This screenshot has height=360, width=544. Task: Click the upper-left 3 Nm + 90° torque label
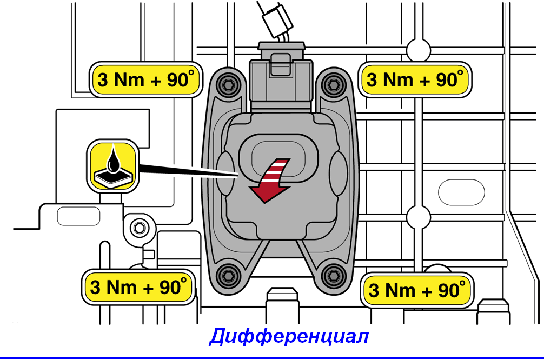coord(146,79)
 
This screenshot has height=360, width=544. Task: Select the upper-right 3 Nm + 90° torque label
coord(415,79)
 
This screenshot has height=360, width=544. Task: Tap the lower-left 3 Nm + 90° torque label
coord(138,287)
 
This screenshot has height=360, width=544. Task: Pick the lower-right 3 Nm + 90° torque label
coord(417,290)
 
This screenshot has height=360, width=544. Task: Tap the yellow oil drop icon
coord(112,166)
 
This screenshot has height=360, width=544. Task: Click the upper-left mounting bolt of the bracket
coord(228,84)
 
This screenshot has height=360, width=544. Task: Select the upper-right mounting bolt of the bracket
coord(333,84)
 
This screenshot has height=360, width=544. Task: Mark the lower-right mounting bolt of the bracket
coord(334,276)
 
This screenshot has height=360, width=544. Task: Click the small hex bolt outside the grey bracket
coord(139,228)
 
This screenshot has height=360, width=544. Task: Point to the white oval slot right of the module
coord(461,192)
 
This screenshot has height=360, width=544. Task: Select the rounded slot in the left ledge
coord(78,216)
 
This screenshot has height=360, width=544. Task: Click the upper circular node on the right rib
coord(419,51)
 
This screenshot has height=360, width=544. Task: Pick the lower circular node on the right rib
coord(419,217)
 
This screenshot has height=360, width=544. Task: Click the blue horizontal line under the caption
coord(272,358)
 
